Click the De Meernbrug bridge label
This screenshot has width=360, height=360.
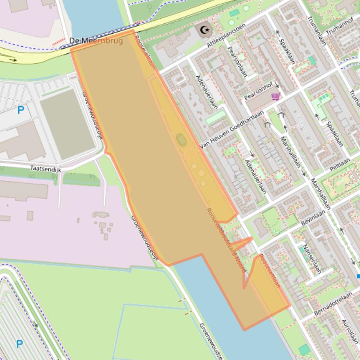pos(96,41)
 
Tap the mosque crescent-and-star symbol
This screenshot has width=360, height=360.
pos(205,30)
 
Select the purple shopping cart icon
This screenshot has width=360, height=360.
pos(276,97)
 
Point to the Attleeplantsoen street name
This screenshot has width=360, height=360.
pos(226,35)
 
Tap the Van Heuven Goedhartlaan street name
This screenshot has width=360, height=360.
pos(232,130)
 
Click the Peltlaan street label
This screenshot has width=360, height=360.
pos(340,165)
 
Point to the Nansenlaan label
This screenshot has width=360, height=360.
pos(312,259)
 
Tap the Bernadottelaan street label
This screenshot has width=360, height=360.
pos(333,303)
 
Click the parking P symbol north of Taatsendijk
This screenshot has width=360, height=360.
pos(21,110)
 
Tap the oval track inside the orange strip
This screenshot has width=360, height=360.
pos(181,139)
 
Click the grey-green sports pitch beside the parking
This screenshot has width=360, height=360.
pos(67,124)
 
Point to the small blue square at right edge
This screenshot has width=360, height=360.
pos(358,276)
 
